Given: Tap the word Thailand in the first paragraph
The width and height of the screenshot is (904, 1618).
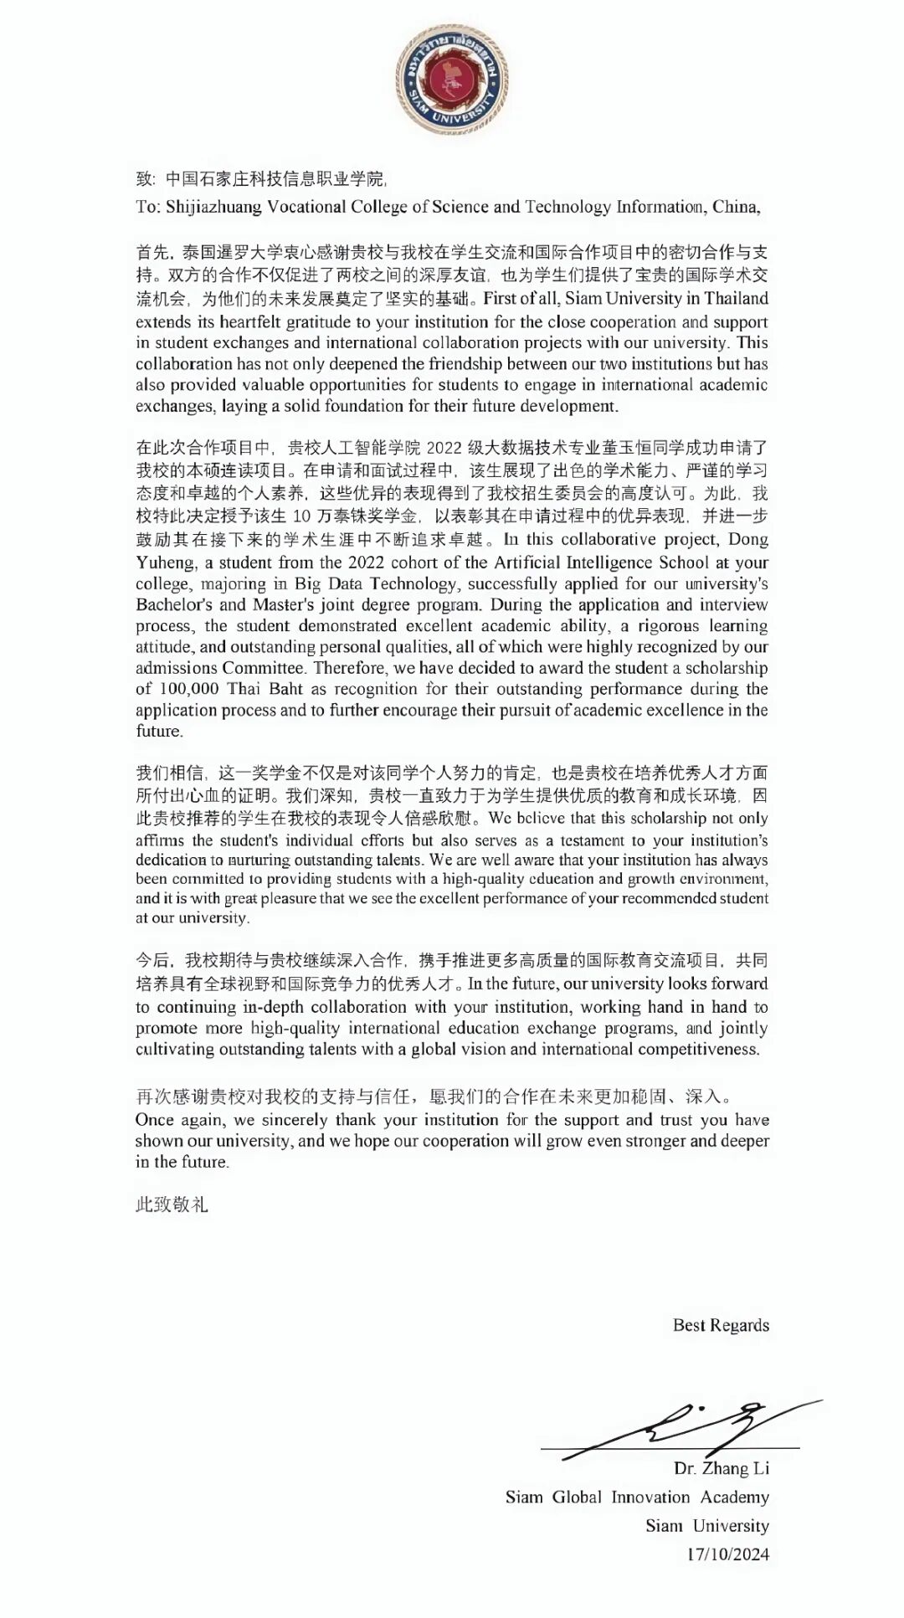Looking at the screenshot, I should pos(736,299).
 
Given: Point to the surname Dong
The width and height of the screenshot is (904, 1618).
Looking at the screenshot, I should pos(748,540).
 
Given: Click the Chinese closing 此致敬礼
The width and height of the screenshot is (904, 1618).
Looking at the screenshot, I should pos(172,1205).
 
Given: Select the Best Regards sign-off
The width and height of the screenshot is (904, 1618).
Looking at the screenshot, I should pos(721,1325).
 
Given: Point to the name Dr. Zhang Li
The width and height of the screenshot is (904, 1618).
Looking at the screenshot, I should pos(722,1468).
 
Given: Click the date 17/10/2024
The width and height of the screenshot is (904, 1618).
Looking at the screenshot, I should pos(727,1554).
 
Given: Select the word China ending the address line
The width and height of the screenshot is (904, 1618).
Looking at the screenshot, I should pos(736,207).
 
